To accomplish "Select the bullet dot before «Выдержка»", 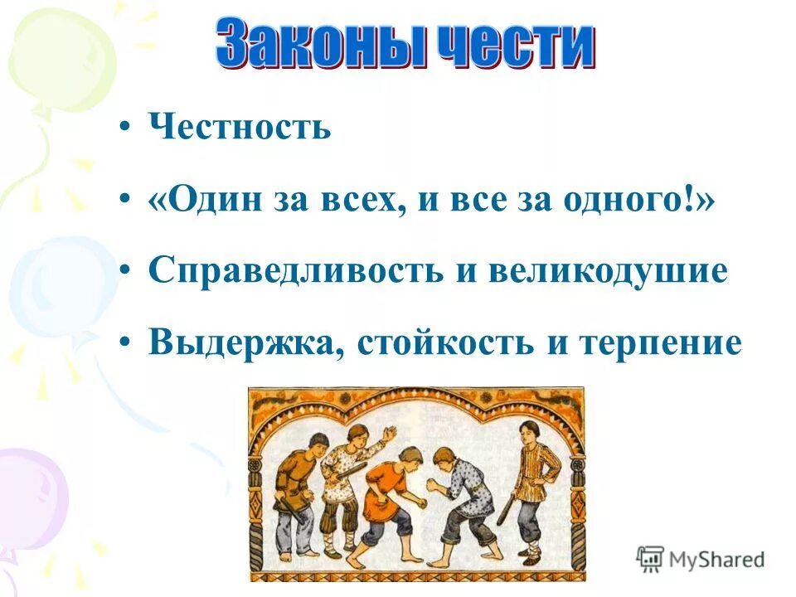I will pos(124,342).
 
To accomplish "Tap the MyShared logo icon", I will pos(651,560).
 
